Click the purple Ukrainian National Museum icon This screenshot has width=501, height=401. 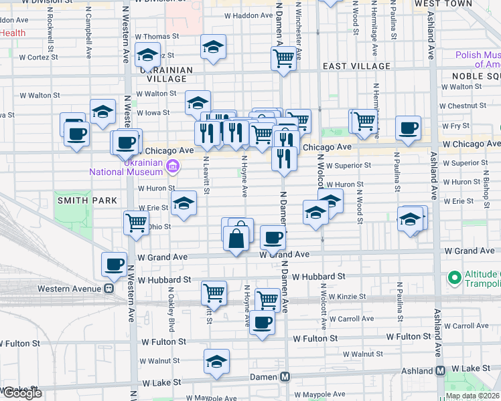(173, 165)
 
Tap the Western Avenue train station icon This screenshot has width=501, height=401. (106, 288)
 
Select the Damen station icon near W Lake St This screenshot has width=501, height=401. (285, 376)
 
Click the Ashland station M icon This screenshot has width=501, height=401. (441, 370)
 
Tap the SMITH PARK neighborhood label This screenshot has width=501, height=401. (87, 200)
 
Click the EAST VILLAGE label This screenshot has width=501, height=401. (356, 66)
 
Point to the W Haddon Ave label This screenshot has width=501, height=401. (248, 15)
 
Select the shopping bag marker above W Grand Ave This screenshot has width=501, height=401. (236, 237)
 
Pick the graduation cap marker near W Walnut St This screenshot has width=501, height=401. (216, 362)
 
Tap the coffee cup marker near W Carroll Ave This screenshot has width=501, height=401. (262, 322)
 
